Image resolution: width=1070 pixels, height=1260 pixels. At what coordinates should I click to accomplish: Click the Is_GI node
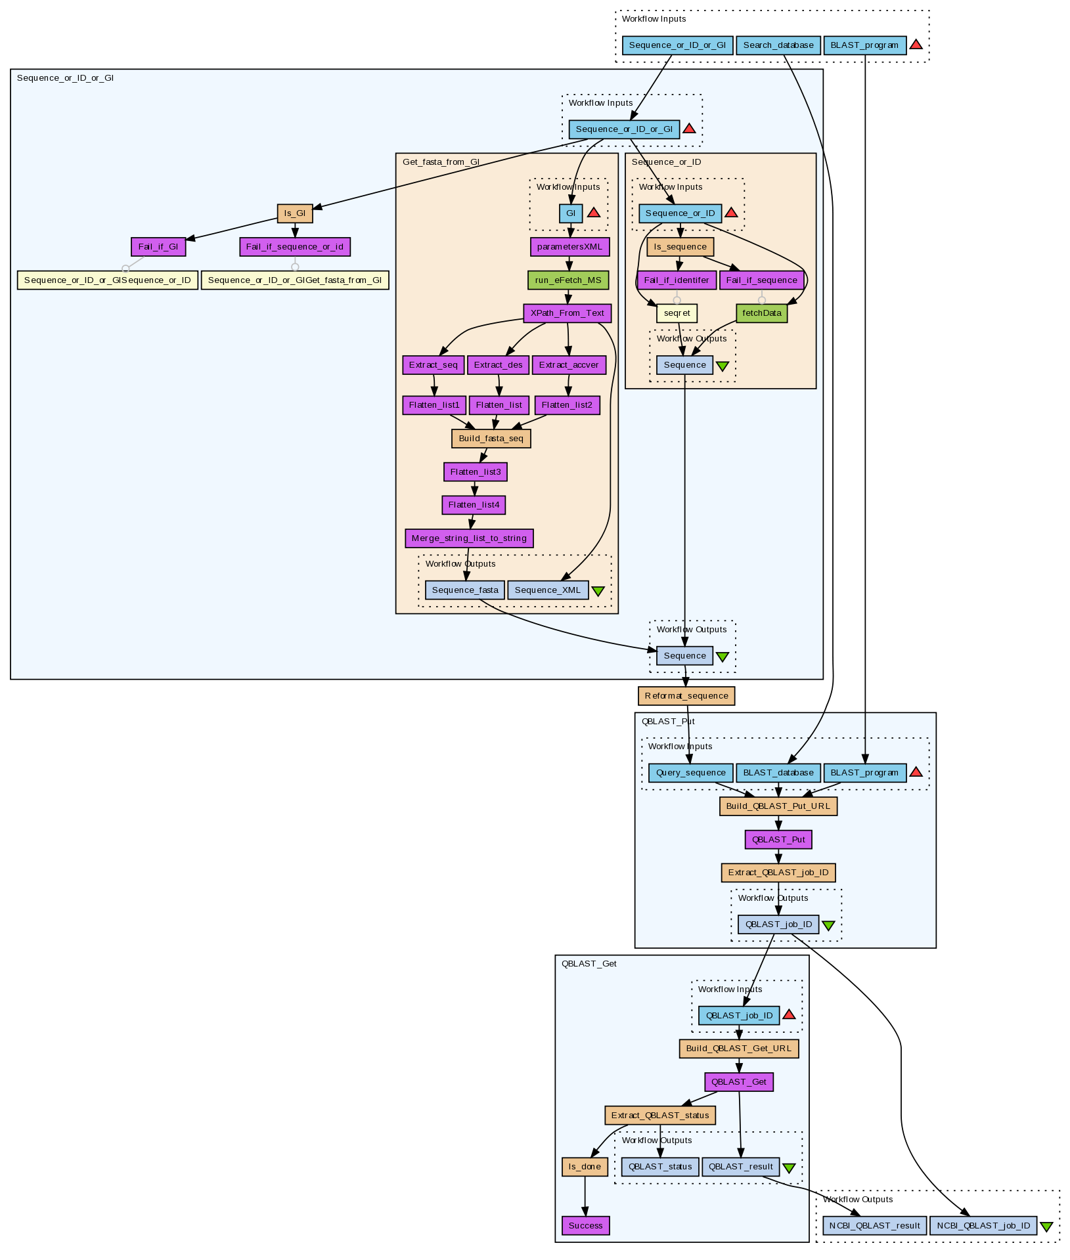click(295, 213)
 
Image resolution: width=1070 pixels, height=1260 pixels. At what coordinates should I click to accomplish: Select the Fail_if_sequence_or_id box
click(295, 247)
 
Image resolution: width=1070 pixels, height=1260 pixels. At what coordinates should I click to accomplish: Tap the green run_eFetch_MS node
click(568, 280)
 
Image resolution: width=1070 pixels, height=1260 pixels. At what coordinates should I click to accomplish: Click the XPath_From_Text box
click(568, 313)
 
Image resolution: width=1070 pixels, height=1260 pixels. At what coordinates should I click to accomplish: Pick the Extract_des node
click(498, 365)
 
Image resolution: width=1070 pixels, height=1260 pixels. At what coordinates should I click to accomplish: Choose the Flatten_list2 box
click(567, 405)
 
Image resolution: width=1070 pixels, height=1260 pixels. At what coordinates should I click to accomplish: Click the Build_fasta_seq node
click(491, 439)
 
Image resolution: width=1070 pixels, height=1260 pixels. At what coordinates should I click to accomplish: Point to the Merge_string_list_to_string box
click(469, 538)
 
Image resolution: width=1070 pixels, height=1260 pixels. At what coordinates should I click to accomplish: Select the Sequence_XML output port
click(548, 590)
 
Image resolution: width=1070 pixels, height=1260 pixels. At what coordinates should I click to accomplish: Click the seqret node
click(677, 313)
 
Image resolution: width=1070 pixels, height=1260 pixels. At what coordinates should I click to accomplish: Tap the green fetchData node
click(762, 313)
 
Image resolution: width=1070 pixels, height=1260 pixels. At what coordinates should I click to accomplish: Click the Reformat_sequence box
click(686, 696)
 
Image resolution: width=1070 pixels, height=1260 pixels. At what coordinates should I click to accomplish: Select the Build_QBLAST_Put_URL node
click(778, 806)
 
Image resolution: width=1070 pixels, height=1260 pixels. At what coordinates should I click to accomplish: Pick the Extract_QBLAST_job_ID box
click(778, 873)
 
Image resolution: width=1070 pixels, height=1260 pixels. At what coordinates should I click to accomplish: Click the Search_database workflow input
click(778, 45)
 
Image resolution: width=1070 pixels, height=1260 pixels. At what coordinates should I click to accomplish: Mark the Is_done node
click(585, 1167)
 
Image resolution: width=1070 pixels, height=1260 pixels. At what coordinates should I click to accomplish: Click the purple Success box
click(585, 1226)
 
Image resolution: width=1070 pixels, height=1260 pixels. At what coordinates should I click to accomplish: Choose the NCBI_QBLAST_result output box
click(875, 1226)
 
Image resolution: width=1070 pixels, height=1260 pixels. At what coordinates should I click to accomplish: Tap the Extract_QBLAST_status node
click(660, 1115)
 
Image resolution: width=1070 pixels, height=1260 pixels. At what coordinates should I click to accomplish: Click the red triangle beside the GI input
click(594, 213)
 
